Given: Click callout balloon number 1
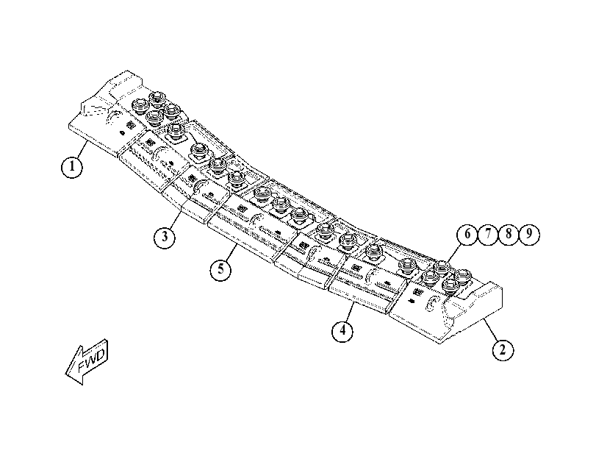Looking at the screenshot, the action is [72, 167].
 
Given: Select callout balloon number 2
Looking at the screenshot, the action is [503, 349].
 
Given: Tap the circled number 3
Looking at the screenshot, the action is [165, 237].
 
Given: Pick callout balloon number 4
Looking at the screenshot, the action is [342, 330].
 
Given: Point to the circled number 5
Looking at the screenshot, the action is [221, 270].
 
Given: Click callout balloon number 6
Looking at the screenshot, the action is [467, 234].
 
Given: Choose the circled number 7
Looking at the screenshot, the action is [488, 234].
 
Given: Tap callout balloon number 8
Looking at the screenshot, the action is [509, 234].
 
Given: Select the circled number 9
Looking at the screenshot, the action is [529, 234].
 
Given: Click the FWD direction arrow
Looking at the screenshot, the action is [87, 361].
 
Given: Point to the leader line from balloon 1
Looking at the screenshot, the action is [82, 149].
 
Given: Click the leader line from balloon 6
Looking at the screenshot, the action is [454, 252].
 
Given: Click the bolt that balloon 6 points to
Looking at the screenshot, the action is [442, 268].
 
